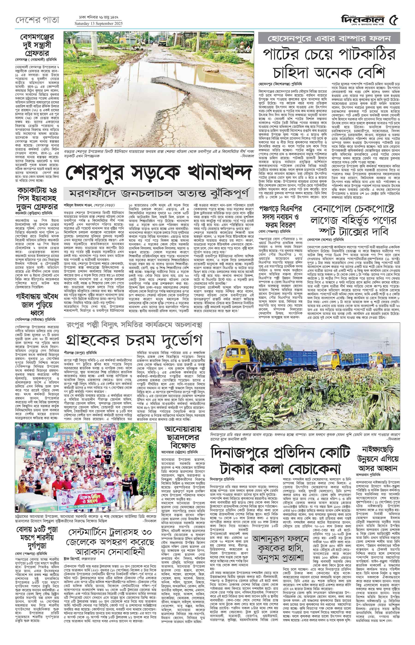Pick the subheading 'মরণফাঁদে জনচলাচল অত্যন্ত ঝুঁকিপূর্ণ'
(159, 194)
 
